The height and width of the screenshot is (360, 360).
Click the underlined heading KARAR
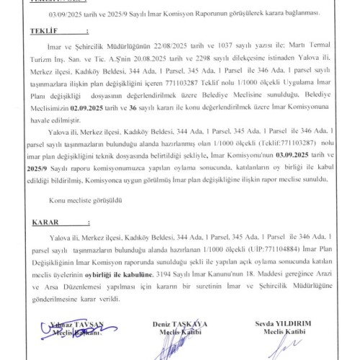[32, 223]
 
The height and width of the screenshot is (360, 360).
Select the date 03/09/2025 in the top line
[66, 14]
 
